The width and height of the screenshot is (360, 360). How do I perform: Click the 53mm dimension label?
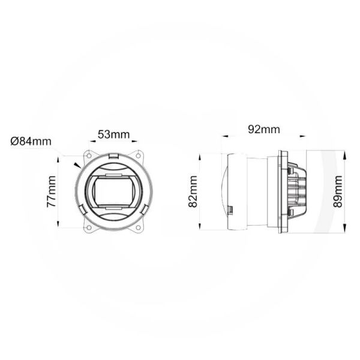click(x=113, y=134)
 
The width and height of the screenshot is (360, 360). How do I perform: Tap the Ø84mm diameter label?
click(x=31, y=142)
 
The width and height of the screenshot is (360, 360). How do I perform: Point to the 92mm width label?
click(x=263, y=129)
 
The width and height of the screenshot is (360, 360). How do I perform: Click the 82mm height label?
click(x=193, y=191)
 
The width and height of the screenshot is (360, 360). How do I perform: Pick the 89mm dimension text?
click(x=338, y=191)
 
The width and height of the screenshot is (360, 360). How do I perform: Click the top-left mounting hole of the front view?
click(x=89, y=154)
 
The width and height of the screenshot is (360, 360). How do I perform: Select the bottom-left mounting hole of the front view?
click(x=89, y=227)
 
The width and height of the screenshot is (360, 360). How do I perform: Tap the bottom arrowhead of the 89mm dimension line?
click(x=346, y=227)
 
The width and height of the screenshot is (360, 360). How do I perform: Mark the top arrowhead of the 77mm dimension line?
click(x=58, y=158)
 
